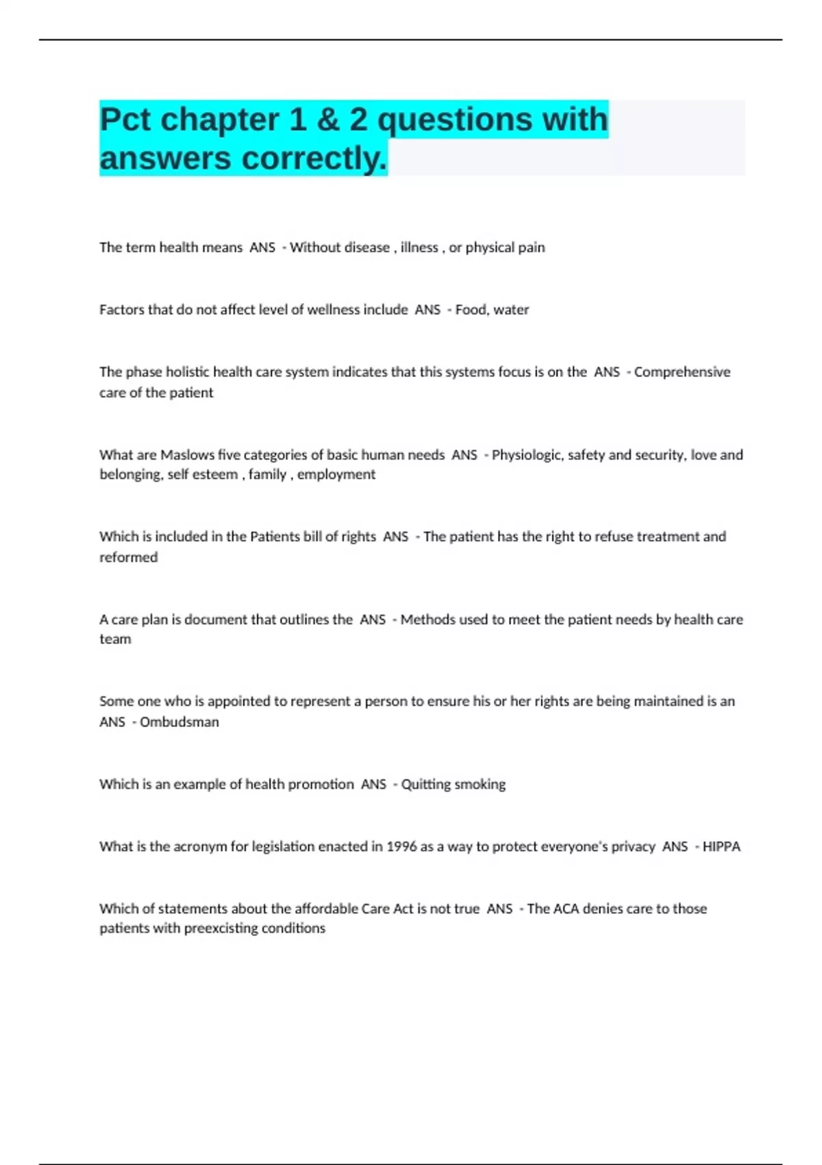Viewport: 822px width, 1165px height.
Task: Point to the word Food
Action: (471, 310)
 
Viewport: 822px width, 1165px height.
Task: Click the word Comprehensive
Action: (682, 372)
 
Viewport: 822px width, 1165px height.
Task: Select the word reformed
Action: (129, 557)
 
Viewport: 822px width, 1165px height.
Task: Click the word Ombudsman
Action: (179, 722)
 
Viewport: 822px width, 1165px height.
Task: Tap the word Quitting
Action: (425, 784)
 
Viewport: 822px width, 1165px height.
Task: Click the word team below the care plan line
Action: (115, 639)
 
